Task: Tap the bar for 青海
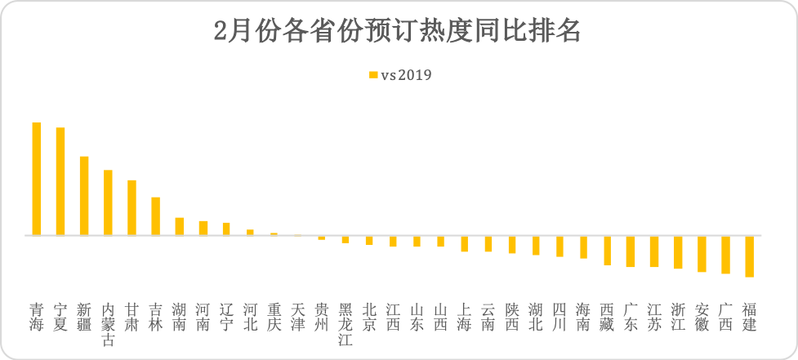37,179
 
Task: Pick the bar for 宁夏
60,181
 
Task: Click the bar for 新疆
84,196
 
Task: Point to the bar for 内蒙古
108,202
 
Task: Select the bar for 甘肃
132,207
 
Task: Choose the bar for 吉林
155,216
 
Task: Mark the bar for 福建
749,256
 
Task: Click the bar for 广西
725,254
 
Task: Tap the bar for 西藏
607,250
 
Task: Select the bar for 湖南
180,226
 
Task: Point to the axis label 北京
369,317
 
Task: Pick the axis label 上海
464,317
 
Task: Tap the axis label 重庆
274,317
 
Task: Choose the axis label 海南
583,317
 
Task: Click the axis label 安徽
702,317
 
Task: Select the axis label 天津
298,317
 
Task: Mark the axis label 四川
559,317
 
